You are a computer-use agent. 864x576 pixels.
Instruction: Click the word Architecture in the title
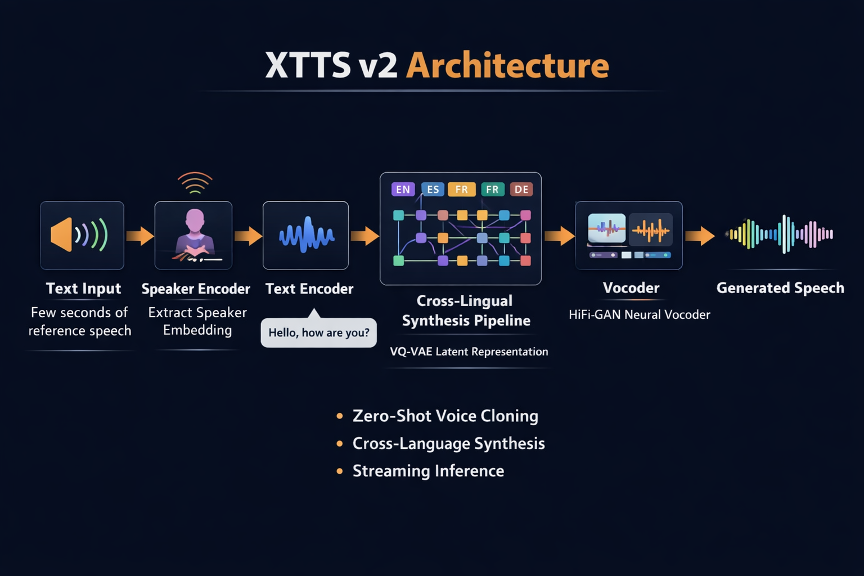(507, 66)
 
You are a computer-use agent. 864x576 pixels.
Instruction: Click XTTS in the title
(308, 66)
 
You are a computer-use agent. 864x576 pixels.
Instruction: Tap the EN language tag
(403, 190)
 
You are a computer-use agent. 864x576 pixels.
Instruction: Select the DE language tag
(521, 190)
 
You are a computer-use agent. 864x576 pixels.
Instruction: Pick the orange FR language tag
(461, 190)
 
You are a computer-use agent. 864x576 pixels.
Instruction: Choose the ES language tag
(433, 190)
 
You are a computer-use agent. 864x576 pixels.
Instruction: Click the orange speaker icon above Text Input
(62, 235)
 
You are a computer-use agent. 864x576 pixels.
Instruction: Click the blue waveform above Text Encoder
(307, 235)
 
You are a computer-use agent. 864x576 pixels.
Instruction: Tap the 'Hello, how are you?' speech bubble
(319, 332)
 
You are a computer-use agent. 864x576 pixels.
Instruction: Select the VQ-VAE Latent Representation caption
(469, 352)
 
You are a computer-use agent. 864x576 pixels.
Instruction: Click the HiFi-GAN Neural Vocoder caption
(639, 314)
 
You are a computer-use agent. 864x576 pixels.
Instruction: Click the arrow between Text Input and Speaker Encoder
(139, 236)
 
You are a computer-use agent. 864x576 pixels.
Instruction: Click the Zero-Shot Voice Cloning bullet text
(445, 416)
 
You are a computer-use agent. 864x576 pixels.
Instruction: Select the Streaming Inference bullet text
(428, 471)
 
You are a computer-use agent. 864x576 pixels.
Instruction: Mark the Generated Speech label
(780, 288)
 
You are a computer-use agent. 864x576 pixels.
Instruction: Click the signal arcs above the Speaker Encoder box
(195, 182)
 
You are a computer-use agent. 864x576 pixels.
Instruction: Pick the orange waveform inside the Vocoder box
(651, 229)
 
